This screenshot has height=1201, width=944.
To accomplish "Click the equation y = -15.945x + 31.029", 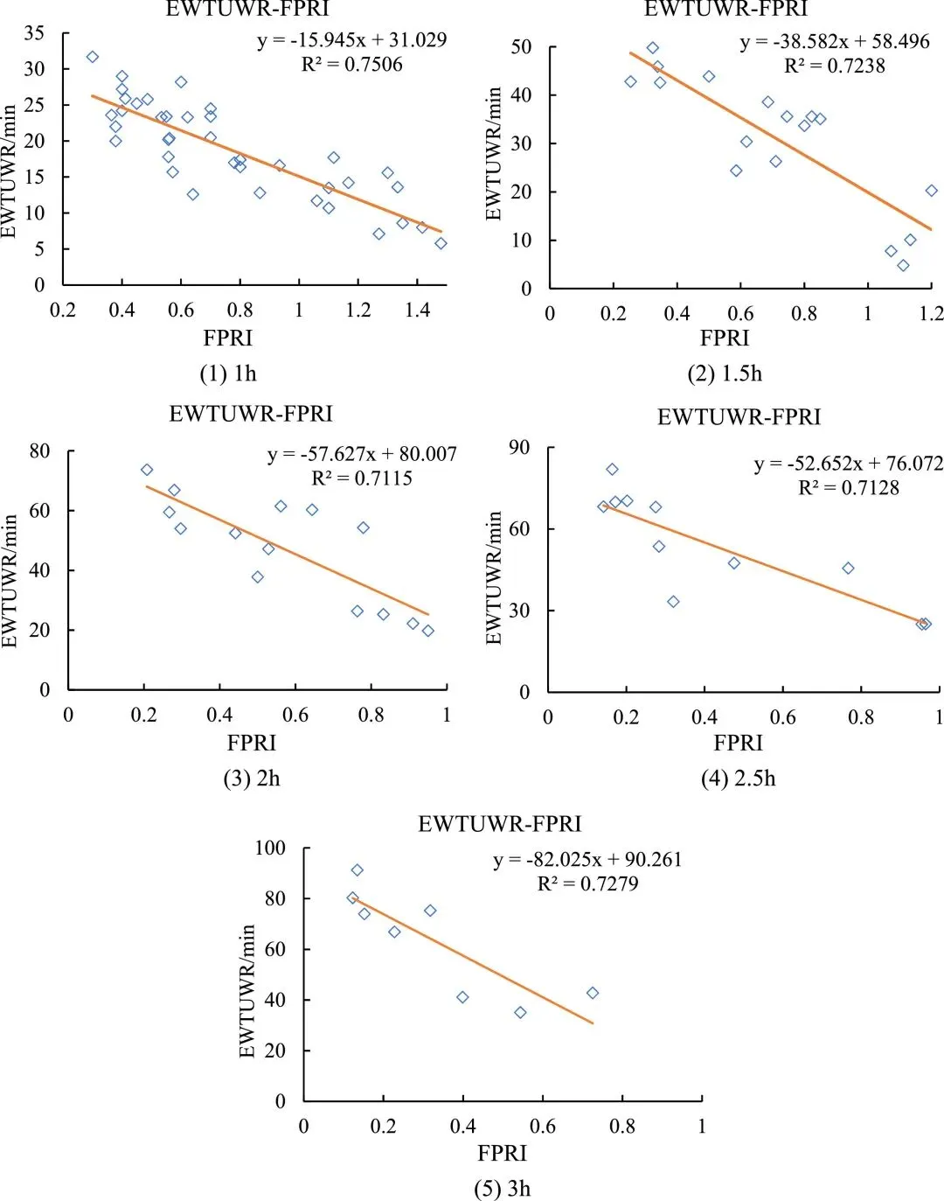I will point(351,40).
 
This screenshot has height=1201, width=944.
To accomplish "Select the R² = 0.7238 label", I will point(834,66).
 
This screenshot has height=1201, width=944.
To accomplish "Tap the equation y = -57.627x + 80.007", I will point(362,454).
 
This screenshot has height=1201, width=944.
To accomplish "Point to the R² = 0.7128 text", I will point(848,488).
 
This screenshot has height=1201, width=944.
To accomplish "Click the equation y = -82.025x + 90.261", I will point(587,860).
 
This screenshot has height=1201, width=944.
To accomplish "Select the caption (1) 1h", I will point(228,374).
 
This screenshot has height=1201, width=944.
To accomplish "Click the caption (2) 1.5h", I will point(725,374).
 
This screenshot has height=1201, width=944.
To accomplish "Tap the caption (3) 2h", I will point(252,779).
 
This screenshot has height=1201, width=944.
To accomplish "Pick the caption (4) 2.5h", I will point(739,779).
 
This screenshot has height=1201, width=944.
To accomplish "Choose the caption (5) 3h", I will point(503,1189).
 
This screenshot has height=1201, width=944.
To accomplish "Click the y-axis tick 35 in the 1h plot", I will point(34,33).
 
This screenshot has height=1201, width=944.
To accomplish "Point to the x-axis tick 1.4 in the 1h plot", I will point(418,310).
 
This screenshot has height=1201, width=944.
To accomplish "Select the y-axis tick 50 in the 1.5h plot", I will point(522,47).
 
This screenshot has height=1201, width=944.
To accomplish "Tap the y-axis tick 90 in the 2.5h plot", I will point(519,448).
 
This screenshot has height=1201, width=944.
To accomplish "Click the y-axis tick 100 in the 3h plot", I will point(270,848).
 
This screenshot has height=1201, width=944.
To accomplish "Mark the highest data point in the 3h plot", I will point(357,870).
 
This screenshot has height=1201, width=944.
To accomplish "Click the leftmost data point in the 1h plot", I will point(93,57).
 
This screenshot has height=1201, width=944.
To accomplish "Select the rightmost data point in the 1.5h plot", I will point(932,191).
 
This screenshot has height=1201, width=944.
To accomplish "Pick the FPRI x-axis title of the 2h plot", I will point(252,743).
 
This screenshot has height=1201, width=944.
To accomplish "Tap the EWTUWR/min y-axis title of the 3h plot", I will point(248,991).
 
